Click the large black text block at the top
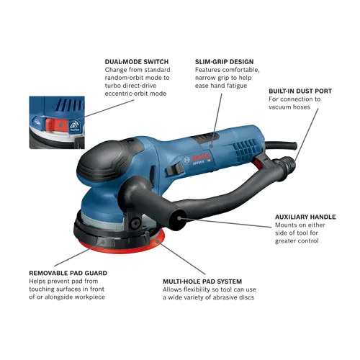tap(216, 76)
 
